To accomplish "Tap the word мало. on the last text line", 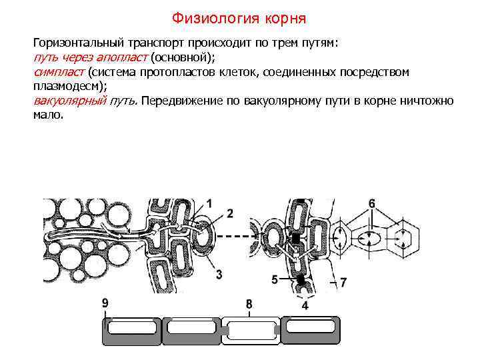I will pos(48,115).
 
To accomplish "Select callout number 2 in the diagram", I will pos(230,213).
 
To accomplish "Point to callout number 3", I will pos(219,273).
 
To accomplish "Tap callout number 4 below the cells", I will pos(305,306).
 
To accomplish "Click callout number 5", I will pos(275,280).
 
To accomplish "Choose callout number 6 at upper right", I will pos(371,203).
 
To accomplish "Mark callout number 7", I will pos(343,282).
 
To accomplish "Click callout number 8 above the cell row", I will pos(249,305).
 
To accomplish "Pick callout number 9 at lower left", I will pos(105,303).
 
